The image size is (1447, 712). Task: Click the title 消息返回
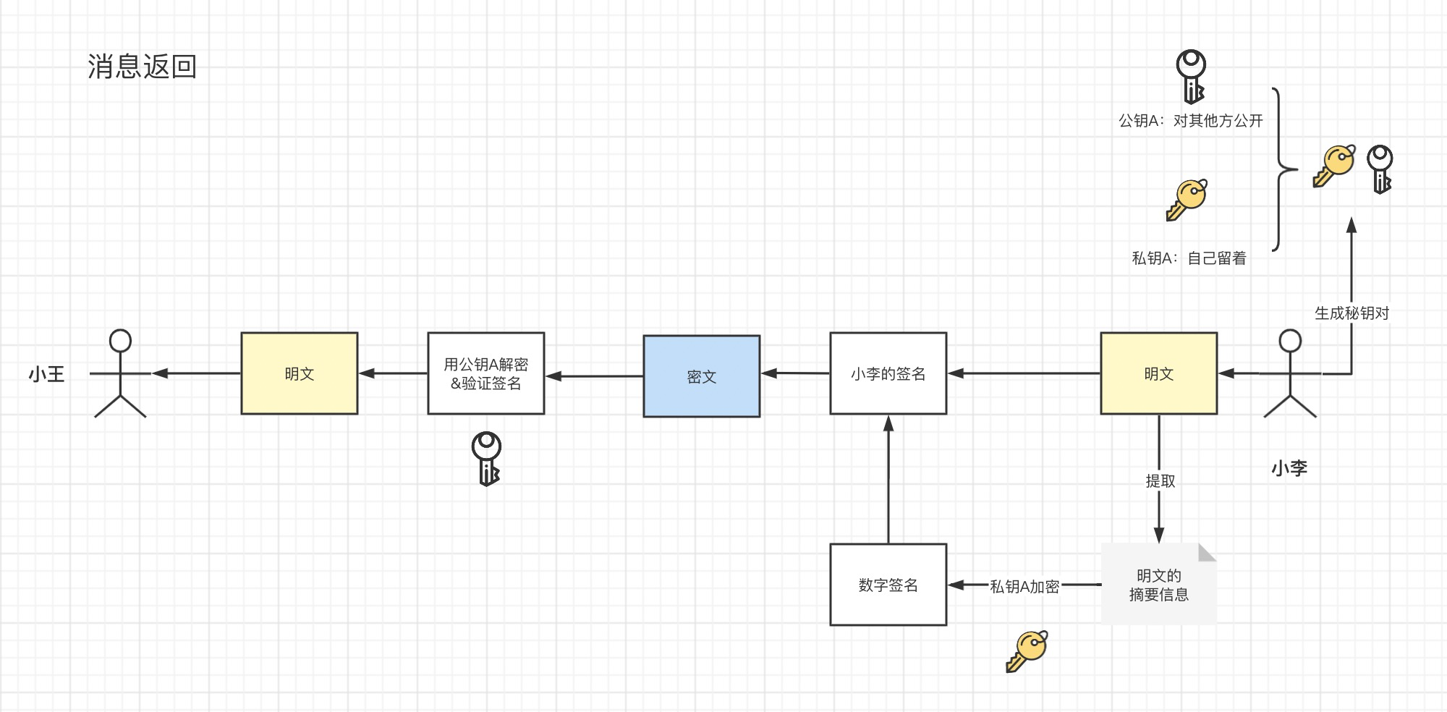[x=143, y=67]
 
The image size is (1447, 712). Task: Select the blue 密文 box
[x=701, y=376]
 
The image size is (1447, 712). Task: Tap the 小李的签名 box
[x=888, y=373]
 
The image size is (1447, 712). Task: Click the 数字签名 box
[x=888, y=585]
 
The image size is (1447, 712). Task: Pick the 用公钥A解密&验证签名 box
[x=485, y=373]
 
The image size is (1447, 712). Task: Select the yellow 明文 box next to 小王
[x=299, y=373]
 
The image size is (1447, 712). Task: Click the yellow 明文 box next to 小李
[x=1158, y=373]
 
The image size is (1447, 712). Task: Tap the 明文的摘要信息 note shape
[x=1158, y=585]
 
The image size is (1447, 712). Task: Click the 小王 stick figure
[x=120, y=373]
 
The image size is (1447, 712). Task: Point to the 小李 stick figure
[x=1290, y=373]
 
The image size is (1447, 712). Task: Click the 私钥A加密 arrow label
[x=1024, y=586]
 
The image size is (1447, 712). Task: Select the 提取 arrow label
[x=1160, y=480]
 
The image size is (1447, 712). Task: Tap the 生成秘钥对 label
[x=1351, y=313]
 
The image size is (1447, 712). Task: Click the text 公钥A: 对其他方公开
[x=1190, y=121]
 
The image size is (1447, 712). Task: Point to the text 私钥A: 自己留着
[x=1189, y=258]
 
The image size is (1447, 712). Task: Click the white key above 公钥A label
[x=1190, y=76]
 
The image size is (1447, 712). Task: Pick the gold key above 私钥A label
[x=1187, y=200]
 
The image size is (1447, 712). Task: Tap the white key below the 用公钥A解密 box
[x=486, y=459]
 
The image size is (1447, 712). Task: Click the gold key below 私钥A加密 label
[x=1027, y=650]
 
